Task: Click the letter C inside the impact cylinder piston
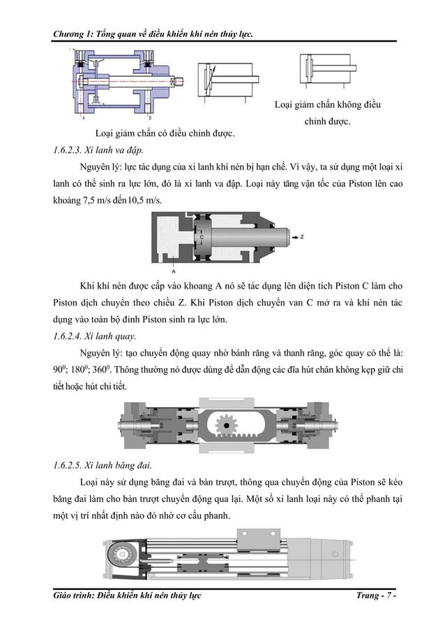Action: (x=201, y=236)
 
